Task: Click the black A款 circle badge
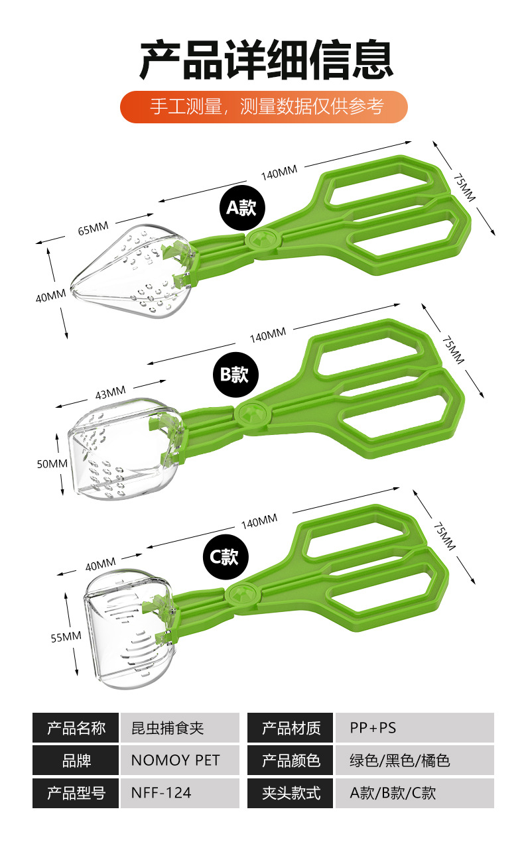[x=241, y=208]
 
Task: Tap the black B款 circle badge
[x=234, y=375]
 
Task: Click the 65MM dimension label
[x=93, y=229]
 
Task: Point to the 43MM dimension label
[x=110, y=394]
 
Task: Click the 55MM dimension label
[x=66, y=637]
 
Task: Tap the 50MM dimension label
[x=52, y=463]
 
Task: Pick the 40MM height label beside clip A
[x=50, y=296]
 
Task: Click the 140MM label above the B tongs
[x=268, y=335]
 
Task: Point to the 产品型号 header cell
[x=76, y=793]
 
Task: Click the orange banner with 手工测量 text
[x=263, y=107]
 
